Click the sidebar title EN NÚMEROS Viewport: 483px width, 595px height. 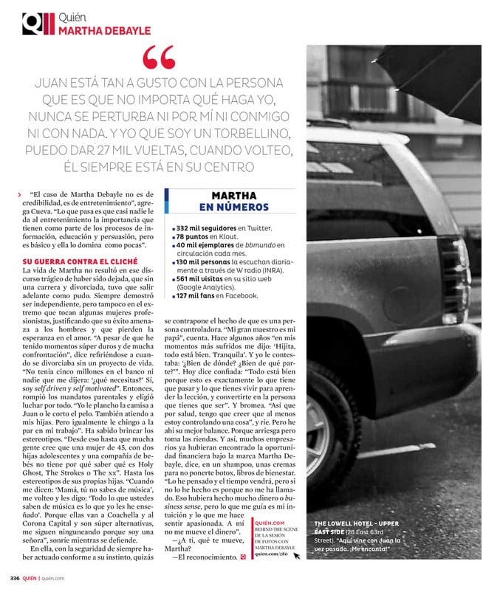pyautogui.click(x=233, y=208)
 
